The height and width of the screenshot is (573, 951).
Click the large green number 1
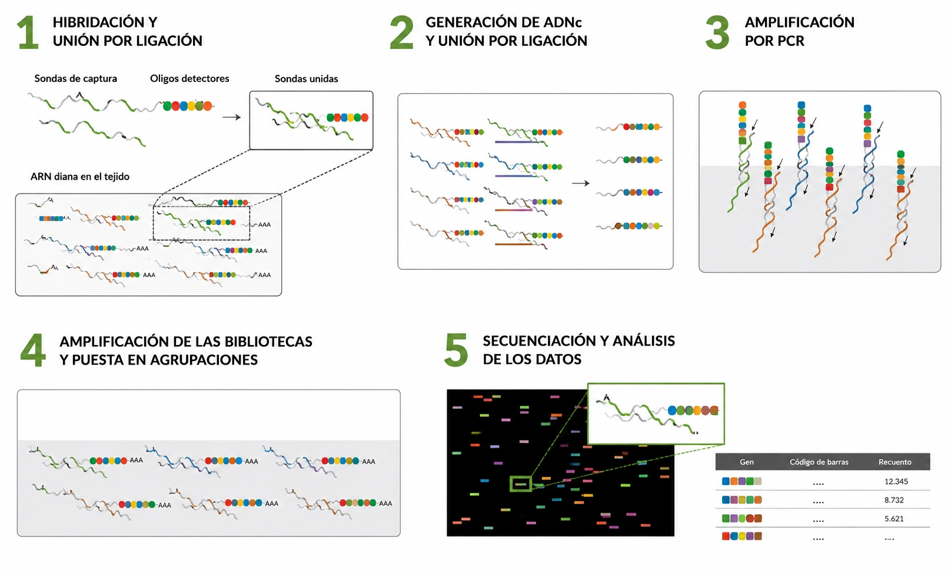click(x=28, y=32)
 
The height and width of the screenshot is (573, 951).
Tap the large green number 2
click(x=401, y=32)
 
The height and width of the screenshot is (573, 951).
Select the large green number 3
click(x=717, y=32)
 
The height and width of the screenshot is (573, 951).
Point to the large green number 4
click(x=33, y=350)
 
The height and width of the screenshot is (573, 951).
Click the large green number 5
click(x=456, y=350)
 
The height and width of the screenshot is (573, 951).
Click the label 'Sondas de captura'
click(x=75, y=78)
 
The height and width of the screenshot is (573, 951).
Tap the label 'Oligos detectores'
click(x=189, y=78)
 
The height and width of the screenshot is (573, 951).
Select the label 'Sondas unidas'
click(x=306, y=78)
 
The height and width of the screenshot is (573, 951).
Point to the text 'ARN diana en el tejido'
click(x=80, y=177)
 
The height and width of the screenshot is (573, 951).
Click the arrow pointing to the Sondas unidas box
click(x=232, y=117)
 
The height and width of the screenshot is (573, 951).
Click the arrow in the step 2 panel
click(x=581, y=183)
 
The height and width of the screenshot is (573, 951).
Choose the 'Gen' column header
click(x=746, y=462)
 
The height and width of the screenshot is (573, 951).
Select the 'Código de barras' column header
click(x=819, y=462)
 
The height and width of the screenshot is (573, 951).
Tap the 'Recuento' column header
click(x=895, y=462)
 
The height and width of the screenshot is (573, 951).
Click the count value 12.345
click(x=896, y=481)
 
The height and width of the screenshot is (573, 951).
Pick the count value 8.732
click(x=894, y=500)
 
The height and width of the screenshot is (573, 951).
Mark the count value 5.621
click(x=894, y=519)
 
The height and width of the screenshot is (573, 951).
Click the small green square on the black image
click(x=521, y=484)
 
